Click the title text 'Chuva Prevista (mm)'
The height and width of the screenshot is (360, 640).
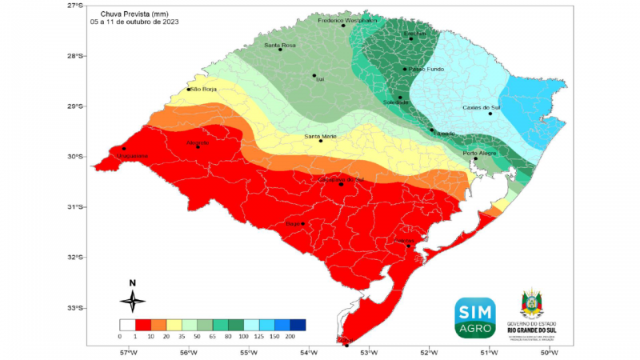point(134,14)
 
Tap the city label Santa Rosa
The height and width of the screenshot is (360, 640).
point(280,45)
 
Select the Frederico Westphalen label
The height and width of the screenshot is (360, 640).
point(347,20)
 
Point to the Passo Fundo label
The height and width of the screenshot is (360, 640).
point(426,70)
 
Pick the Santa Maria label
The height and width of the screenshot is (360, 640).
point(321,136)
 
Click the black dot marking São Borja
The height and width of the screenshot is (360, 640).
point(189,89)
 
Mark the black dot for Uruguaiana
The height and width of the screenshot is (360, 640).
point(124,148)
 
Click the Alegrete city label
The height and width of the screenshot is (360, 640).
point(197,142)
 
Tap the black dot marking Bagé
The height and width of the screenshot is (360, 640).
point(303,223)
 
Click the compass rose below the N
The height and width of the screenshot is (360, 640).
point(133,301)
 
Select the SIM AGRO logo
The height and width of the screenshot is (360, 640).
point(475,317)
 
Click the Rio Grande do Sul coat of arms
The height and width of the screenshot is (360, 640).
point(533,306)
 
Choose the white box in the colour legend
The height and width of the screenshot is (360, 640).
point(126,325)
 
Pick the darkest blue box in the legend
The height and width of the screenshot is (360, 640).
point(298,325)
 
